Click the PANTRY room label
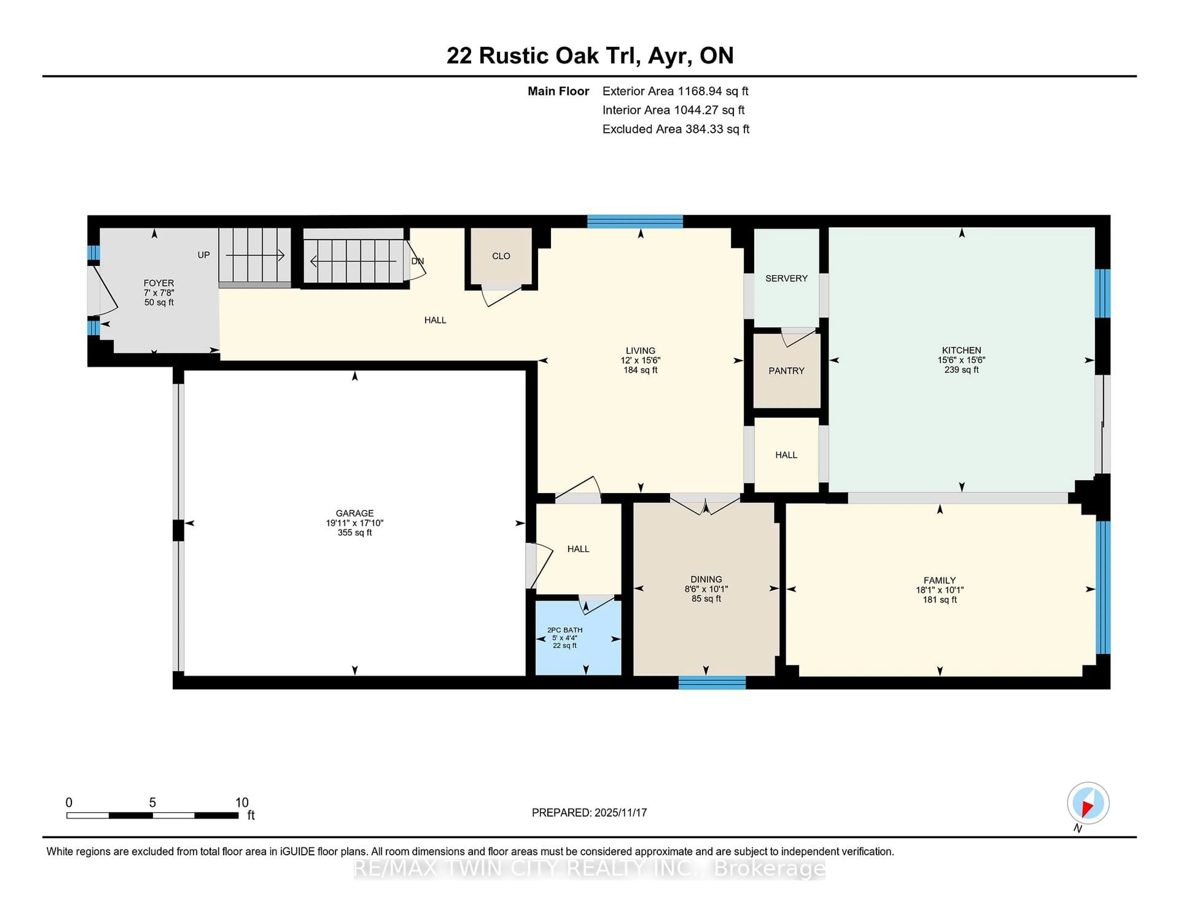click(x=786, y=371)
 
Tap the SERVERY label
click(x=786, y=278)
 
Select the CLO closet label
click(x=500, y=256)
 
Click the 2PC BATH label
click(x=565, y=630)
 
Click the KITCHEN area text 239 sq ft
click(x=961, y=370)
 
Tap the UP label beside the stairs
click(x=204, y=255)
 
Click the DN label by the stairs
click(x=417, y=261)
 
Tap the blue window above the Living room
click(x=635, y=221)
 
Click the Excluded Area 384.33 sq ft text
click(x=675, y=129)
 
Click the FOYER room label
click(x=159, y=283)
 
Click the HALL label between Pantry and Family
click(x=786, y=455)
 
